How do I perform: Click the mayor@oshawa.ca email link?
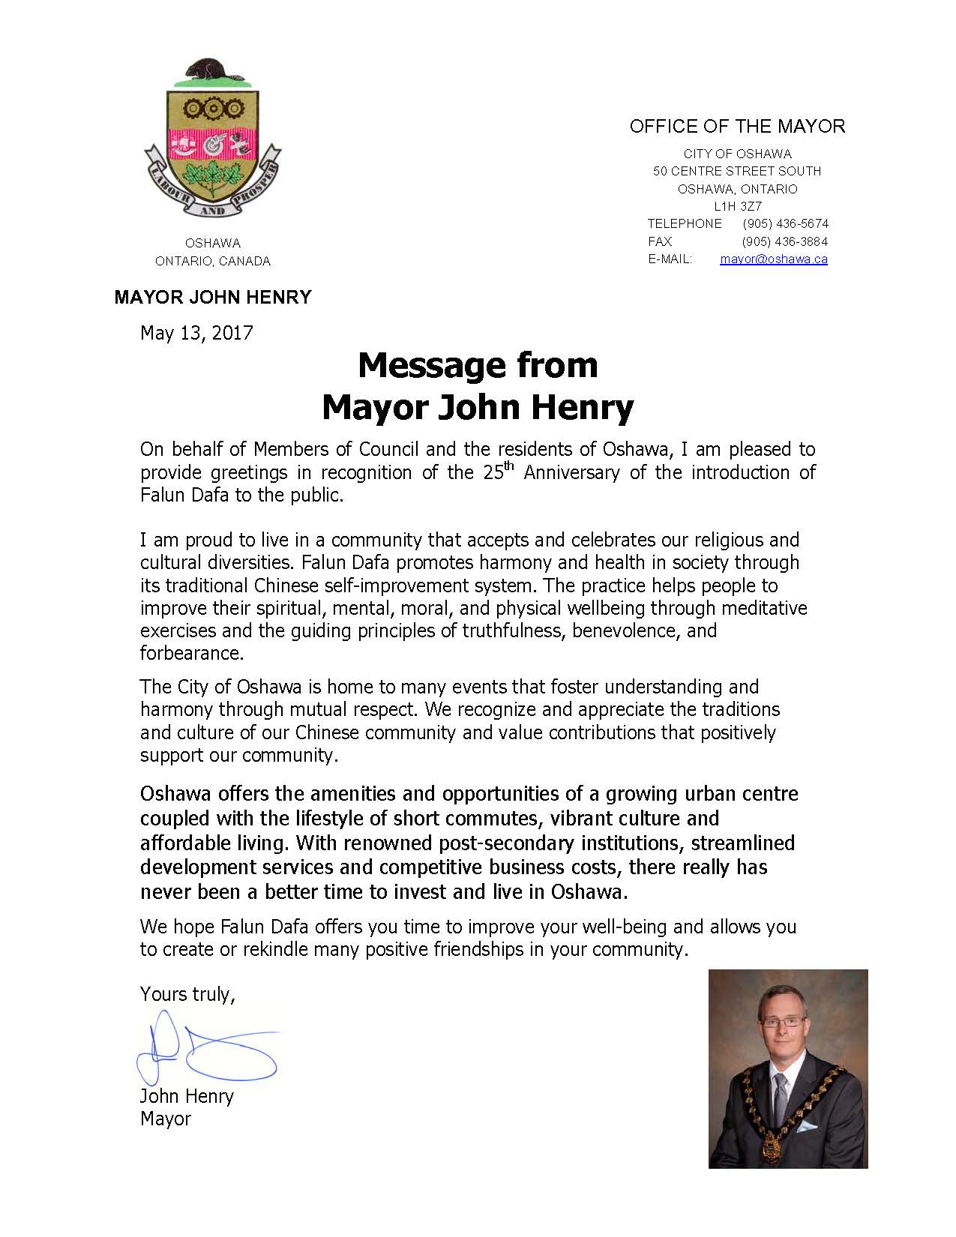(x=773, y=259)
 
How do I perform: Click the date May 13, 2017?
(x=196, y=333)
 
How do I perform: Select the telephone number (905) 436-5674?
(x=785, y=223)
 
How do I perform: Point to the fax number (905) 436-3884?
(x=785, y=241)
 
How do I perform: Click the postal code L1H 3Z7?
(x=738, y=206)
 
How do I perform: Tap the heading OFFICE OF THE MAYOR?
(x=737, y=127)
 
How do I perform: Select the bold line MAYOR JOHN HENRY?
(x=213, y=298)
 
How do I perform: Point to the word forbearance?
(x=191, y=653)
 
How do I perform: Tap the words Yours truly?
(x=187, y=994)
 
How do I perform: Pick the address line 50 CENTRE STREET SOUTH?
(x=737, y=171)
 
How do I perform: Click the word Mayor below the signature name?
(x=166, y=1119)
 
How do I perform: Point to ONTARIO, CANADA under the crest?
(x=213, y=262)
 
